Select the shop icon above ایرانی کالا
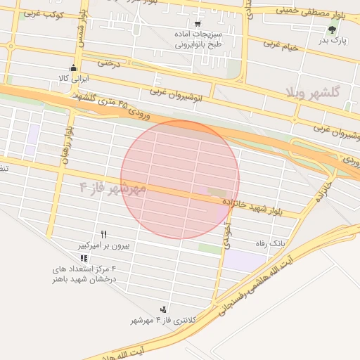tap(74, 68)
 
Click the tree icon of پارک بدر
tap(332, 30)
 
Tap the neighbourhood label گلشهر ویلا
tap(313, 92)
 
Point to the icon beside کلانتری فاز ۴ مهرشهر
tap(164, 309)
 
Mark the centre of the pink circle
tap(180, 179)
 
